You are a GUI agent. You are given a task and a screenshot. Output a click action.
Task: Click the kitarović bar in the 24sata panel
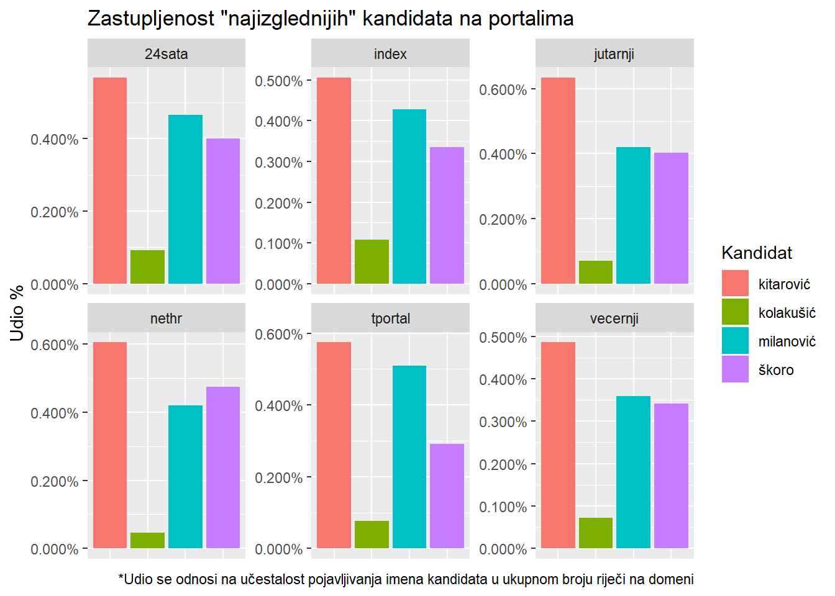(x=110, y=181)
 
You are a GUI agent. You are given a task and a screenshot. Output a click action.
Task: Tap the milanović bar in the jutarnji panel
(x=633, y=215)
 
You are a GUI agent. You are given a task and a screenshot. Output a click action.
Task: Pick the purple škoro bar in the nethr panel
(x=223, y=467)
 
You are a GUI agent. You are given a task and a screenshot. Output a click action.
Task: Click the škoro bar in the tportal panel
(x=447, y=496)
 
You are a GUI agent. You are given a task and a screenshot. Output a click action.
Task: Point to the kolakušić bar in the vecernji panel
(x=596, y=533)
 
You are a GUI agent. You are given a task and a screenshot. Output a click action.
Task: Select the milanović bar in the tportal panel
(x=409, y=457)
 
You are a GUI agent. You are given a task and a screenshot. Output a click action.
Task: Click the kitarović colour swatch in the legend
(x=735, y=284)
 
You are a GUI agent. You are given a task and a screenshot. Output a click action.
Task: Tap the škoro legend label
(x=776, y=370)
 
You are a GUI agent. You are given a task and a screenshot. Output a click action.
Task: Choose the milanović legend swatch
(x=735, y=341)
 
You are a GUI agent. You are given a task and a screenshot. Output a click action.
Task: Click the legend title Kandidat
(x=757, y=253)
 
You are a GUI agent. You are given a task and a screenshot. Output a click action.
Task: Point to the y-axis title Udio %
(x=17, y=313)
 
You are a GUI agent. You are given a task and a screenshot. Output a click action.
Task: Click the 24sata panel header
(x=166, y=54)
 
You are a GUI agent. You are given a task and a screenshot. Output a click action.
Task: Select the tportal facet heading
(x=390, y=318)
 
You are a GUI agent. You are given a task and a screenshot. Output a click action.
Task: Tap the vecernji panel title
(x=614, y=318)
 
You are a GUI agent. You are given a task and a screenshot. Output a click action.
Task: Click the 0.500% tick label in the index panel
(x=279, y=81)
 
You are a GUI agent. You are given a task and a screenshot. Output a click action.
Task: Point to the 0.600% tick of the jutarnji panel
(x=503, y=90)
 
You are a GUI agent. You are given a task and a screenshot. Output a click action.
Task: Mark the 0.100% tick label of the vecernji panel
(x=503, y=507)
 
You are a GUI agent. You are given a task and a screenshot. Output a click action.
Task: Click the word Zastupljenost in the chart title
(x=151, y=19)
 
